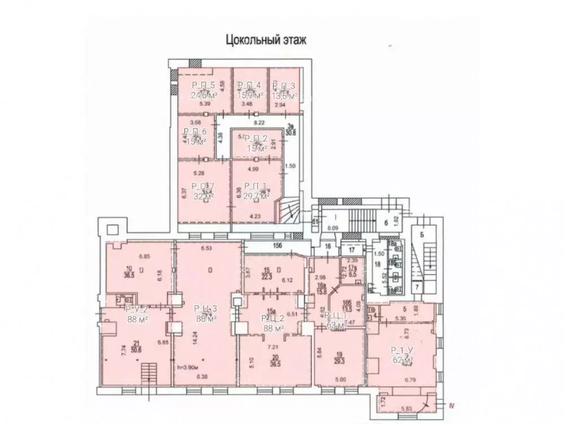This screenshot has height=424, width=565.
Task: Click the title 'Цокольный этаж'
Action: (x=265, y=40)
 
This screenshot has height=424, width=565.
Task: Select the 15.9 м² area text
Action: (x=250, y=96)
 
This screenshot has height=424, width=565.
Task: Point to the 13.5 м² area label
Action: (x=284, y=96)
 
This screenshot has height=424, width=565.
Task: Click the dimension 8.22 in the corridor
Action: (x=260, y=122)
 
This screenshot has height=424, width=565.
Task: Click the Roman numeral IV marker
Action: (x=451, y=404)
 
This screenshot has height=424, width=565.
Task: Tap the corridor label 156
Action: (x=277, y=245)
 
